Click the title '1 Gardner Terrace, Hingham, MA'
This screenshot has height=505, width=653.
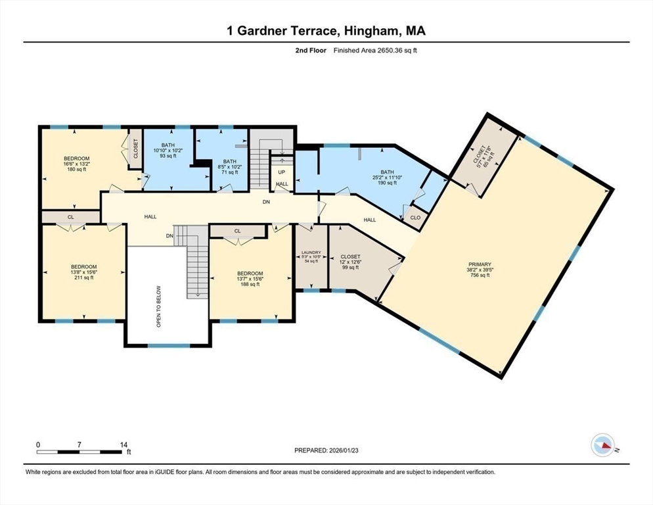click(x=326, y=31)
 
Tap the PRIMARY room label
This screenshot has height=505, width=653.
click(x=480, y=264)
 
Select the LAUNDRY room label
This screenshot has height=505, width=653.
click(x=310, y=252)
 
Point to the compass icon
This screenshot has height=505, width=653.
click(x=602, y=445)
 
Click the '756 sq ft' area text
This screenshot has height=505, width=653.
click(x=480, y=276)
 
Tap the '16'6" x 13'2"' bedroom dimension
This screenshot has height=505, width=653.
click(x=77, y=164)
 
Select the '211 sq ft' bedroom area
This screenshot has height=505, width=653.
click(x=84, y=277)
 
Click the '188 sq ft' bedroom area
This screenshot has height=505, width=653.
click(x=250, y=285)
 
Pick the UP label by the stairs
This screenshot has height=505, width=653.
click(x=281, y=172)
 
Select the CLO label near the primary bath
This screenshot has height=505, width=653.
click(x=415, y=218)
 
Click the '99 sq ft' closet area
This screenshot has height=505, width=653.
click(x=350, y=268)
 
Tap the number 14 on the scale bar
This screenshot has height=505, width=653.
click(x=124, y=445)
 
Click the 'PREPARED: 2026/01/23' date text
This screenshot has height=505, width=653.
click(x=326, y=450)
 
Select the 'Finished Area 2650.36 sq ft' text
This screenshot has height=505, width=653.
click(x=375, y=50)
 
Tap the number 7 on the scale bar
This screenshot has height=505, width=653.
click(x=79, y=445)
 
